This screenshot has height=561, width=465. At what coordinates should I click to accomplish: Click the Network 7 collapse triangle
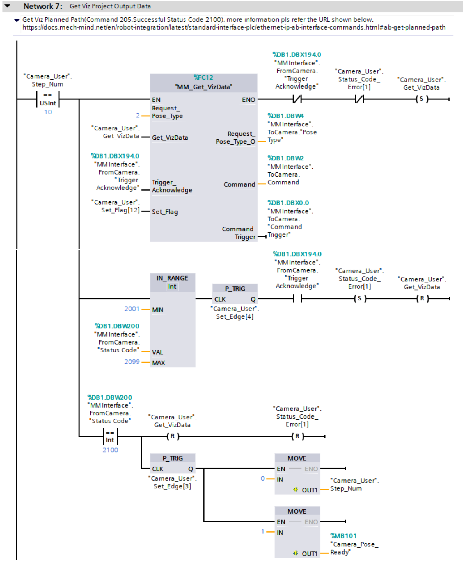coord(8,6)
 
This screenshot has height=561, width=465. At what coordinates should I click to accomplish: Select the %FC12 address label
coord(203,77)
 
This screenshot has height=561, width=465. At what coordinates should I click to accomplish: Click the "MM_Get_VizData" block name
coord(203,87)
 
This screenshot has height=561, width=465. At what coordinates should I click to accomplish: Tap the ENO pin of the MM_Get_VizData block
coord(248,100)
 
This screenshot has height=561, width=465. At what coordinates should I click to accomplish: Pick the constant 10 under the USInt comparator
coord(48,112)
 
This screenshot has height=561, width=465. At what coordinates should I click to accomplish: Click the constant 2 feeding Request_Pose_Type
coord(138,116)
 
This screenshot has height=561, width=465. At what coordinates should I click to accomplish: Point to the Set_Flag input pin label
coord(165,212)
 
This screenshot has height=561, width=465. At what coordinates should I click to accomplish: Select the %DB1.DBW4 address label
coord(285,116)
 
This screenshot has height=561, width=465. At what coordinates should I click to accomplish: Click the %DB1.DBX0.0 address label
coord(288,203)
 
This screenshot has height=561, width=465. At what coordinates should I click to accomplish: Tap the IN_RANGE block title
coord(172,278)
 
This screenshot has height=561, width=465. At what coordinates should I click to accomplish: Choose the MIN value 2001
coord(132,309)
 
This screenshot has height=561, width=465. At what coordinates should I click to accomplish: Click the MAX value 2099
coord(132,362)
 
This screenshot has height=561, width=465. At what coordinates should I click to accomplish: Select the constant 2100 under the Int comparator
coord(110,450)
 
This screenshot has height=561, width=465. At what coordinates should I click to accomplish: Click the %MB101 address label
coord(343,536)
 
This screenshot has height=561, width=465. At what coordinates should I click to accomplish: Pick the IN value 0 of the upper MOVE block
coord(263,478)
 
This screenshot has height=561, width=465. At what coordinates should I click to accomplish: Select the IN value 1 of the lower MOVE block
coord(263,531)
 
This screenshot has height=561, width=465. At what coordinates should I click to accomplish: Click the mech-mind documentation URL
coord(234,27)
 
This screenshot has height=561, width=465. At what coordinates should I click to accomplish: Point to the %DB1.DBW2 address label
coord(285,158)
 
